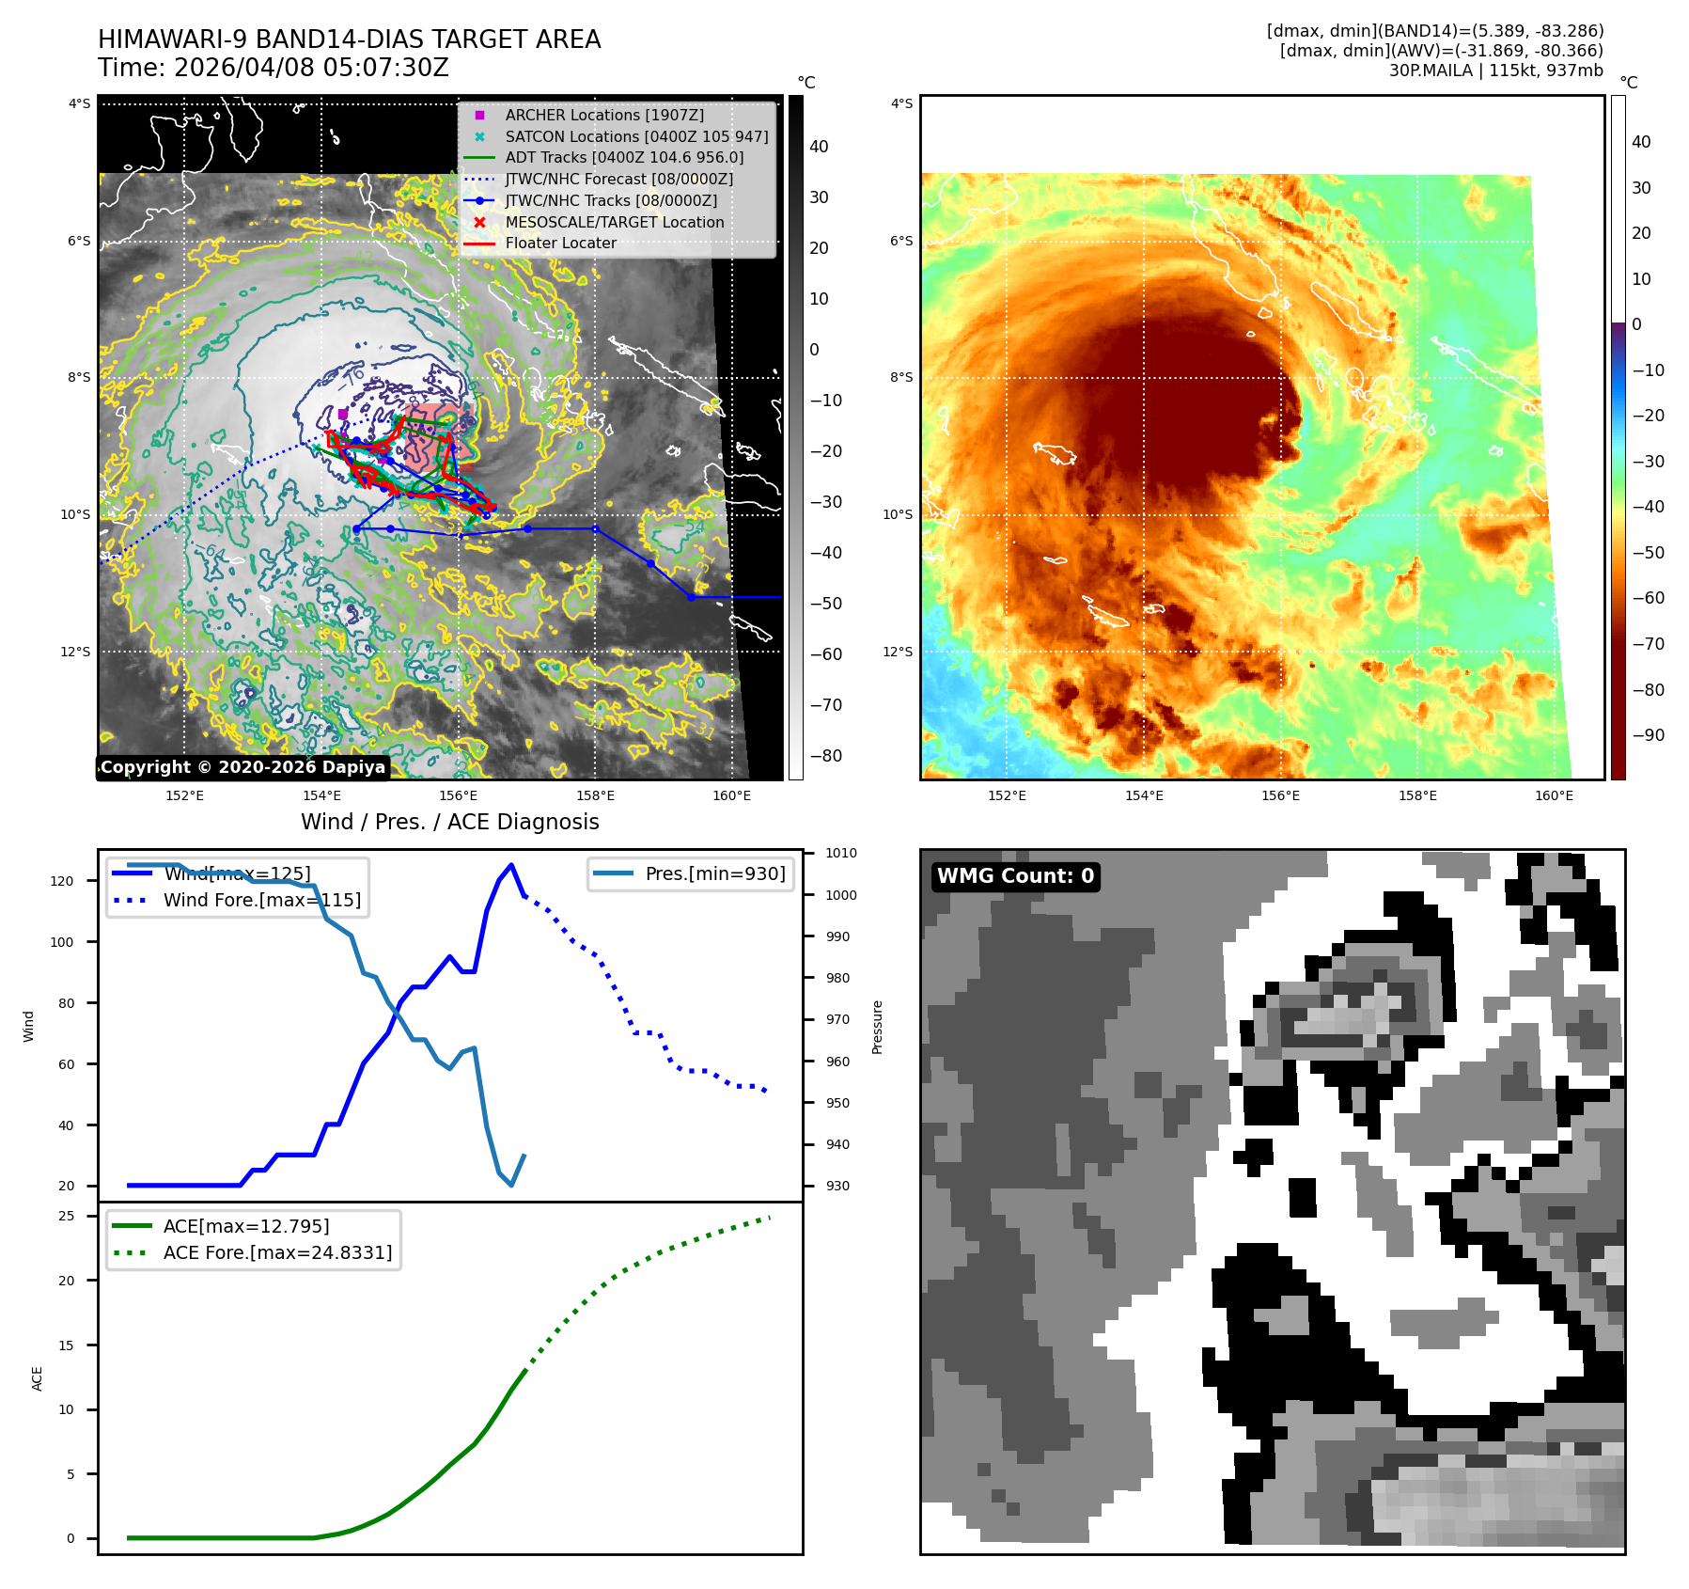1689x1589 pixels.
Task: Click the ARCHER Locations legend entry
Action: click(603, 115)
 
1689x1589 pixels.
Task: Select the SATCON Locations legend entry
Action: click(636, 136)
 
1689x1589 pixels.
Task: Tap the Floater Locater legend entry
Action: click(560, 243)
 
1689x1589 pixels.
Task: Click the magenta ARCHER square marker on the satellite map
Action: click(343, 414)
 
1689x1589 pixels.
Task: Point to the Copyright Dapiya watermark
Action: click(242, 767)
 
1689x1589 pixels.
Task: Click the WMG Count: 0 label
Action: click(1015, 876)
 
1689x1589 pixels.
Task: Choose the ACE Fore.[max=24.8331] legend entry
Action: click(277, 1252)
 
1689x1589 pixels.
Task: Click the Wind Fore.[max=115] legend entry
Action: click(261, 900)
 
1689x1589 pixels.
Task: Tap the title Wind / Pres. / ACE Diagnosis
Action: click(449, 822)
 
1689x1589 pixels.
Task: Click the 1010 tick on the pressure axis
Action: click(841, 854)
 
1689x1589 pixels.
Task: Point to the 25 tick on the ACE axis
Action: click(67, 1216)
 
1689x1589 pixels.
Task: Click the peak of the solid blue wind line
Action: click(511, 865)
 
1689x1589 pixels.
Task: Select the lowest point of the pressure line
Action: click(511, 1185)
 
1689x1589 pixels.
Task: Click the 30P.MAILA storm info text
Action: click(1495, 71)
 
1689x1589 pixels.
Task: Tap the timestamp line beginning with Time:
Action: click(274, 68)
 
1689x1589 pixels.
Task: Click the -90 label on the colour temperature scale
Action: click(1648, 735)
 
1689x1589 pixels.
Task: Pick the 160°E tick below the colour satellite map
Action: click(1554, 795)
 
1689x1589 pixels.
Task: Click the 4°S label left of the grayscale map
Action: click(79, 103)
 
